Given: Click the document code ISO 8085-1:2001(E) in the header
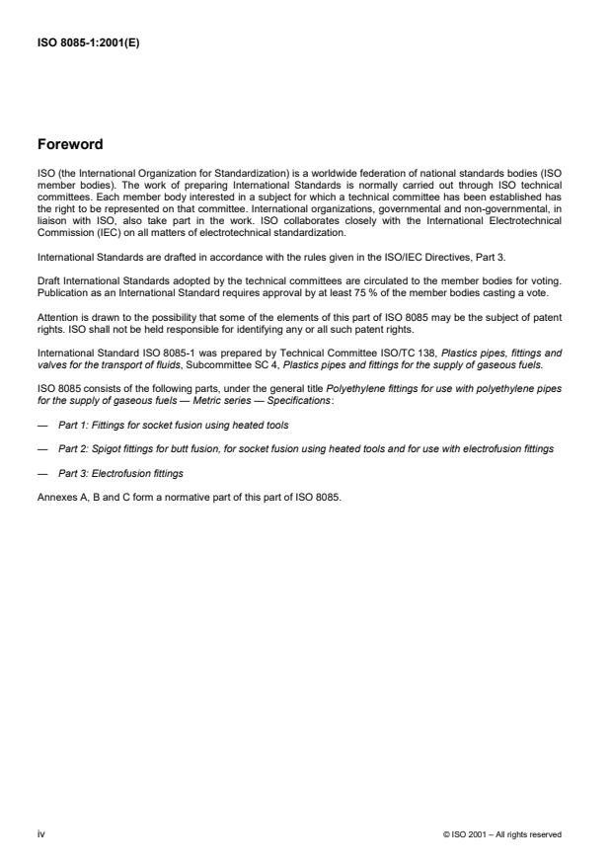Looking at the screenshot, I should pos(88,43).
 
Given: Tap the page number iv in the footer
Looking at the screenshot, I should pos(40,833).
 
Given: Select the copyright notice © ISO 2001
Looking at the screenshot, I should pos(502,834).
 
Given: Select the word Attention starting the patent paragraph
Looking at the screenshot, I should pos(57,317).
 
